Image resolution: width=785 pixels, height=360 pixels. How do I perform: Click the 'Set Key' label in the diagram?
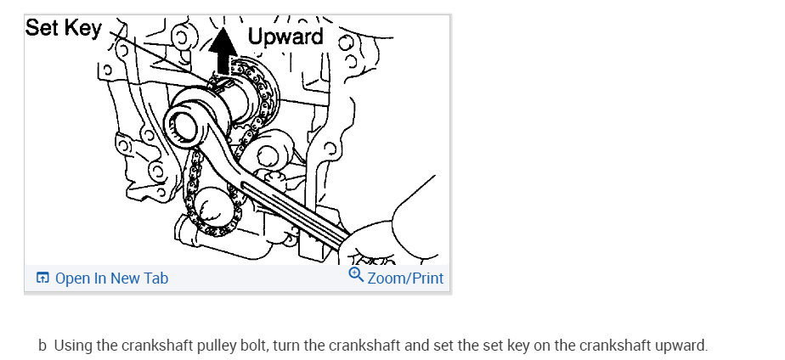coord(64,27)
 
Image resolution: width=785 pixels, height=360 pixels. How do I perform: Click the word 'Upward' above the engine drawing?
coord(285,36)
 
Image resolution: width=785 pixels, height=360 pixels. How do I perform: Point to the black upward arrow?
coord(223,53)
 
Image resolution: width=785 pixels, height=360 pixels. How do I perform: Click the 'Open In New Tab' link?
coord(111,278)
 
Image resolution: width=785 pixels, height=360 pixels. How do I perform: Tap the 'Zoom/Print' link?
coord(405,278)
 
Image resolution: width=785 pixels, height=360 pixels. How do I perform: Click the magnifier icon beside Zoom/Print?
coord(357,276)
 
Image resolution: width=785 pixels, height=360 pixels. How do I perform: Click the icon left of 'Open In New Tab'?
coord(42,278)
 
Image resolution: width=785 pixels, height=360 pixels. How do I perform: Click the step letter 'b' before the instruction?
coord(42,346)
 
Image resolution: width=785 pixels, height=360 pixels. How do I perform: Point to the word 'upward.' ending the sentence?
coord(682,346)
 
